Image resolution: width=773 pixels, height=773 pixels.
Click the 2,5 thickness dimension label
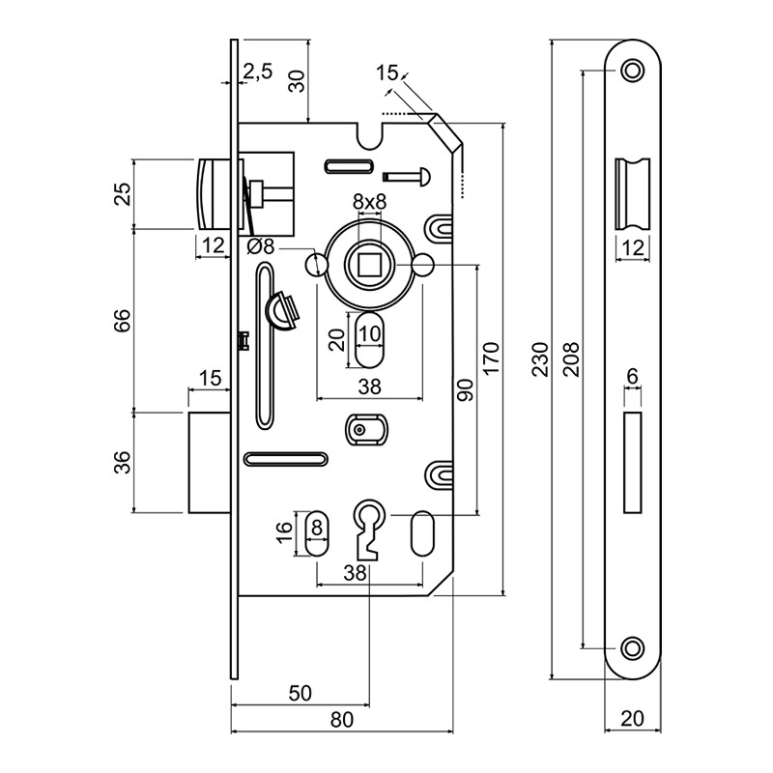pyautogui.click(x=258, y=71)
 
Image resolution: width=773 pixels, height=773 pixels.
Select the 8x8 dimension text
pyautogui.click(x=369, y=202)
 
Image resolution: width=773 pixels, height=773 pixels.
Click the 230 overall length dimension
pyautogui.click(x=540, y=358)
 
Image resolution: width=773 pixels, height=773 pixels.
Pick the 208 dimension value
pyautogui.click(x=570, y=358)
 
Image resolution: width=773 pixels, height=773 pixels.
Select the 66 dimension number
pyautogui.click(x=122, y=321)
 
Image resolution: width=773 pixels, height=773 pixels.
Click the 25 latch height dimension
pyautogui.click(x=122, y=193)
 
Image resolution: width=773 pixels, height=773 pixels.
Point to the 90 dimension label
pyautogui.click(x=465, y=389)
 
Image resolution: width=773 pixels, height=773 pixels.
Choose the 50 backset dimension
pyautogui.click(x=300, y=692)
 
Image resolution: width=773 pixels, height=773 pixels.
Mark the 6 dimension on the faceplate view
pyautogui.click(x=633, y=375)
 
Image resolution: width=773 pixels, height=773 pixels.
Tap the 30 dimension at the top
pyautogui.click(x=298, y=81)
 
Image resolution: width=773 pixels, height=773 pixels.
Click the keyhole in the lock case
pyautogui.click(x=370, y=527)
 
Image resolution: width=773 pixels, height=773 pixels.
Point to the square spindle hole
pyautogui.click(x=369, y=262)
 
